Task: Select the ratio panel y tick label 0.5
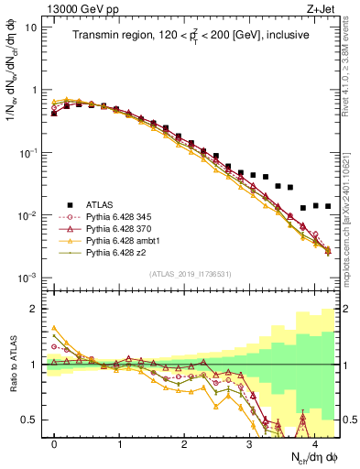tap(32, 420)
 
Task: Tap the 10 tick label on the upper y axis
tap(32, 27)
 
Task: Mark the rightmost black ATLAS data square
tap(328, 206)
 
